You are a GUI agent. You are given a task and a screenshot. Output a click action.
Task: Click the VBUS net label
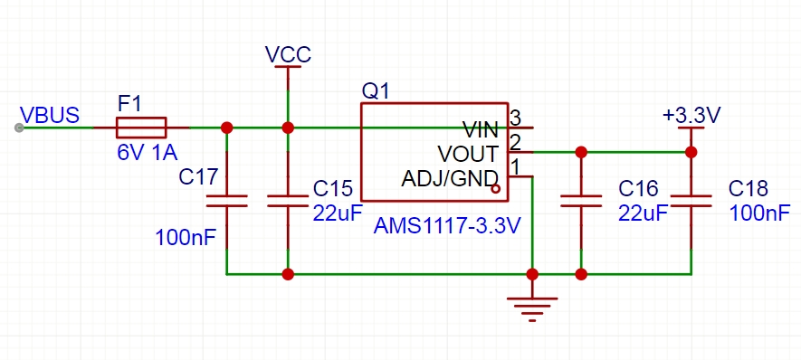[50, 115]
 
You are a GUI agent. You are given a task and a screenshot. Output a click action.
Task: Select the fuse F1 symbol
[141, 128]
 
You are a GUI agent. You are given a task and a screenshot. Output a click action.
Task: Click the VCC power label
[288, 54]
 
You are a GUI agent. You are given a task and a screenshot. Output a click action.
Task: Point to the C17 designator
[199, 176]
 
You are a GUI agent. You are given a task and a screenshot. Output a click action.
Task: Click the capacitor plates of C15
[288, 201]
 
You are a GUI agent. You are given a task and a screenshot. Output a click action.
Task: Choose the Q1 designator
[376, 91]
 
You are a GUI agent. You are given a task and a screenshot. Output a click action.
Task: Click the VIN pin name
[481, 129]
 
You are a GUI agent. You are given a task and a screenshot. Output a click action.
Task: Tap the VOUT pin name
[468, 153]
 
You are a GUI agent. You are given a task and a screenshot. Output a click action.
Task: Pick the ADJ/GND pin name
[450, 179]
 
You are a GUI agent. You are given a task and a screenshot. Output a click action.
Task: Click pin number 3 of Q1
[515, 118]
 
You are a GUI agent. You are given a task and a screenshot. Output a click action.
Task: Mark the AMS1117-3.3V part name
[447, 226]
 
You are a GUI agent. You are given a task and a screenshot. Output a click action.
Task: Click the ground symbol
[532, 309]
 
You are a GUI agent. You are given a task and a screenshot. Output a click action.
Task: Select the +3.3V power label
[691, 116]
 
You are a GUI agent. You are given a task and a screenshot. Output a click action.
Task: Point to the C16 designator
[639, 188]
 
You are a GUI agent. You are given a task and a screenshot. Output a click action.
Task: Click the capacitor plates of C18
[691, 201]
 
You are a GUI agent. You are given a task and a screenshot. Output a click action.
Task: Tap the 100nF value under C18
[759, 213]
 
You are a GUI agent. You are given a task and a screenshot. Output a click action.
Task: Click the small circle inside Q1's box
[495, 189]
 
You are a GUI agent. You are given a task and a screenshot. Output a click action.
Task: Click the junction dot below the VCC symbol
[288, 128]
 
